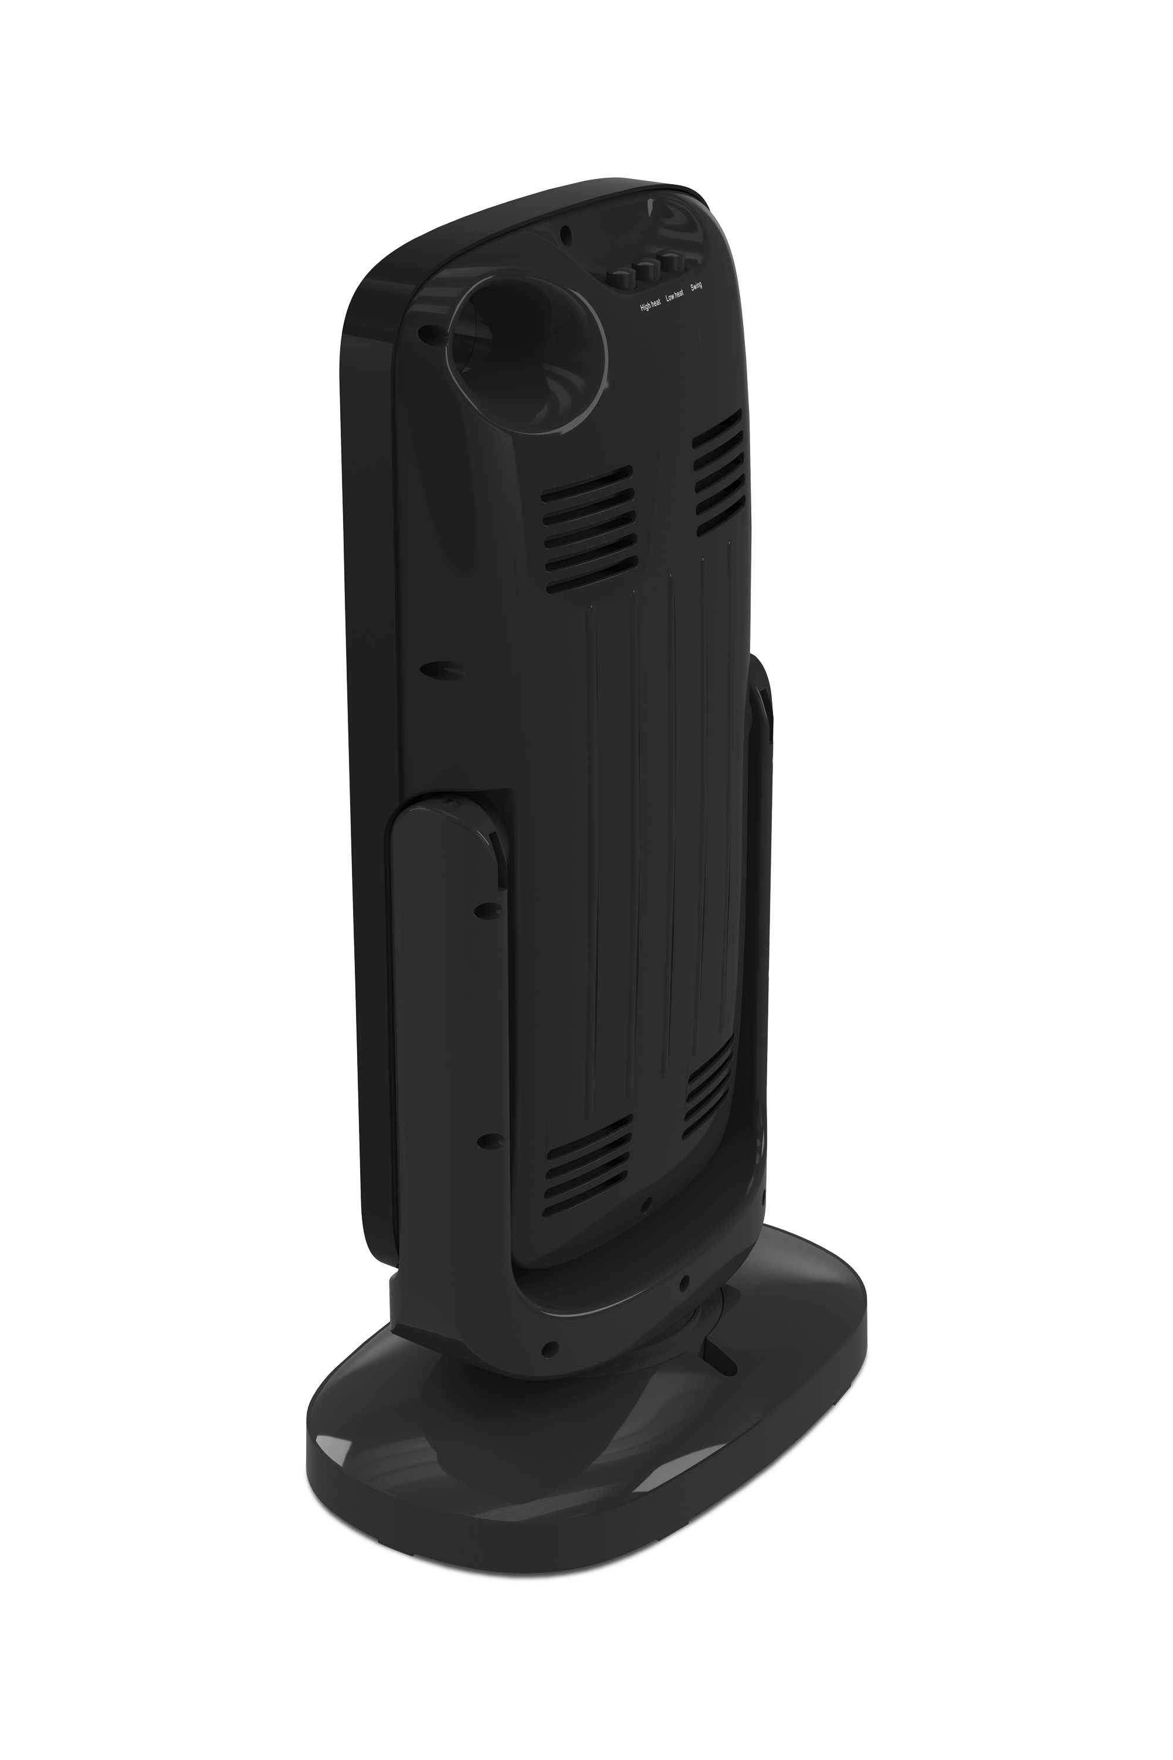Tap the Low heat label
(675, 296)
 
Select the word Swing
(697, 287)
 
